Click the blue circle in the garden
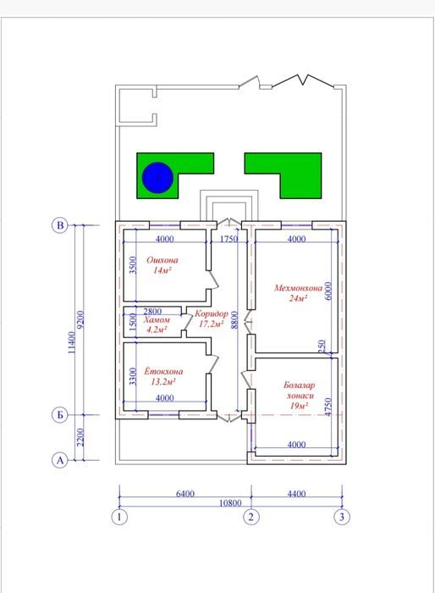coord(157,177)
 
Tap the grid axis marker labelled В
coord(60,225)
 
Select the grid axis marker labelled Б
coord(60,415)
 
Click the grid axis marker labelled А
coord(60,460)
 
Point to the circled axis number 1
coord(119,517)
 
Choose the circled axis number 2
coord(251,517)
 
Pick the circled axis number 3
coord(342,517)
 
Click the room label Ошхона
coord(162,260)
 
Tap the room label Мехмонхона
coord(298,288)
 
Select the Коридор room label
coord(212,314)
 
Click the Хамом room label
coord(157,320)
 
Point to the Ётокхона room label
coord(163,371)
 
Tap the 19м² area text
coord(299,406)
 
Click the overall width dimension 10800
coord(230,503)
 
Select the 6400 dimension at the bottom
coord(185,494)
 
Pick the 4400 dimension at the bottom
coord(296,494)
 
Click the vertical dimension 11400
coord(72,342)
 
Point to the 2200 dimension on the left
coord(80,437)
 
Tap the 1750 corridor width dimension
coord(229,239)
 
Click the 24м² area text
coord(298,298)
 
